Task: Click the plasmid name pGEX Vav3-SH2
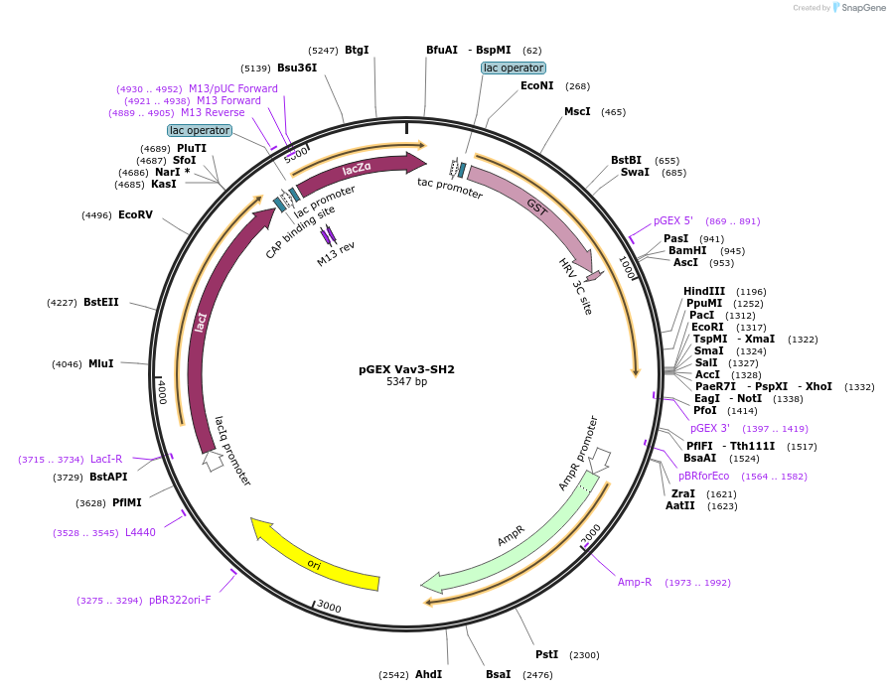coord(406,369)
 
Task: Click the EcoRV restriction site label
coord(135,214)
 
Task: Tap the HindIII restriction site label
coord(704,291)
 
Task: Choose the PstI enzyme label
coord(546,655)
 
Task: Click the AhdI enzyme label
coord(428,675)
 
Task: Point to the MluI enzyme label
coord(101,364)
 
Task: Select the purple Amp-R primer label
coord(635,583)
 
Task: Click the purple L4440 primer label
coord(140,533)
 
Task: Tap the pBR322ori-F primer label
coord(180,601)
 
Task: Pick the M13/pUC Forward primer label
coord(233,89)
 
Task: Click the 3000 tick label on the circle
coord(329,608)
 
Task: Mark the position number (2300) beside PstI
coord(585,655)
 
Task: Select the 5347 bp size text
coord(406,382)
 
